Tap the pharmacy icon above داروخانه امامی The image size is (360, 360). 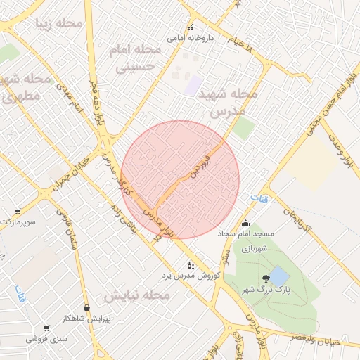189,28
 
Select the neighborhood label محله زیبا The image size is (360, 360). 59,24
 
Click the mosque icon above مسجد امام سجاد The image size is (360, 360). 245,224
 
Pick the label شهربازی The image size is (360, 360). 252,248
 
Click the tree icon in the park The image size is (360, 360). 265,279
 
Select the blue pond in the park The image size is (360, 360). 278,275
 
